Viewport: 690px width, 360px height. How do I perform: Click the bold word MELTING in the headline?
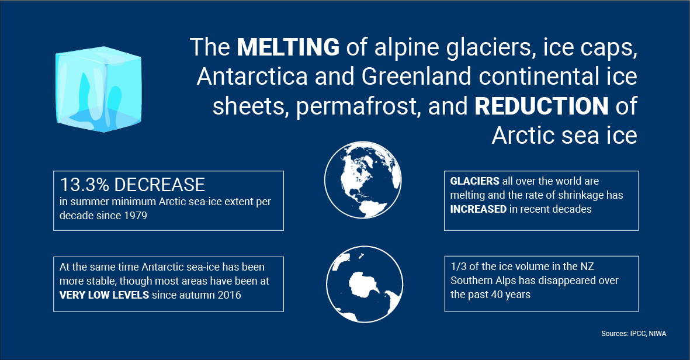288,47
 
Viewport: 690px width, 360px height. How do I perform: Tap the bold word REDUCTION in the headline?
542,106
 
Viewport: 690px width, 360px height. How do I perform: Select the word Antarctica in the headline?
252,76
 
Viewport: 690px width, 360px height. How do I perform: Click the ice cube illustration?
99,89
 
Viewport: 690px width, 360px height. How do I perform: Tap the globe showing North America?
363,179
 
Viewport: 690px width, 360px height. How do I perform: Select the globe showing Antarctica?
365,284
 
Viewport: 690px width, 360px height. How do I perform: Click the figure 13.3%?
84,185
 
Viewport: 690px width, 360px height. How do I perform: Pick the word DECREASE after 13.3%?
160,185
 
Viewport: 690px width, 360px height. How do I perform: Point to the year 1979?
135,216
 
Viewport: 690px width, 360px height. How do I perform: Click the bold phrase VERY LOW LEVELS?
105,295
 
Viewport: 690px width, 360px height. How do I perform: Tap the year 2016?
229,295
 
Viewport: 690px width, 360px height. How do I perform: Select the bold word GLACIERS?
475,181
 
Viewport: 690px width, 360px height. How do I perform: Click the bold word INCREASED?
479,209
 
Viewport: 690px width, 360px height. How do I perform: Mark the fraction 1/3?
459,266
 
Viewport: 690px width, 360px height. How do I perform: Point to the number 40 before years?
497,295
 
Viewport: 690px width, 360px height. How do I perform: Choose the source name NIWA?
657,334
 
